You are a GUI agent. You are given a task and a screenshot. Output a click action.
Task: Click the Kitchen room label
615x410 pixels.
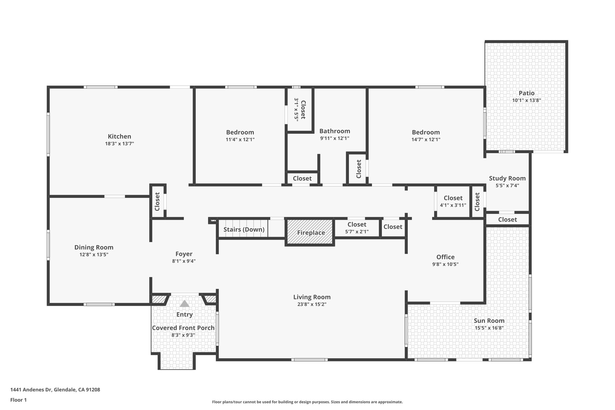120,136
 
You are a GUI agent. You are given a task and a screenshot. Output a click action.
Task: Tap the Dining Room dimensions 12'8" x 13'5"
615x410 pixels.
94,255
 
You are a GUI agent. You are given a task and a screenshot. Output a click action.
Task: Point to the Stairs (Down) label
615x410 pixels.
244,229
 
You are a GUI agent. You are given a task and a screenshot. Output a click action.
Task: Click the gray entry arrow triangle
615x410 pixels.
184,304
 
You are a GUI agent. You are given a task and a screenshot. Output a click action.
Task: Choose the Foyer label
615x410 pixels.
184,254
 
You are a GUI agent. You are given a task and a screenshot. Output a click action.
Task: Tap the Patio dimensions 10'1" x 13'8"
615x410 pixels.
526,100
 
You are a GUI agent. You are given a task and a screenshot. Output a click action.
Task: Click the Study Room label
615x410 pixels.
507,178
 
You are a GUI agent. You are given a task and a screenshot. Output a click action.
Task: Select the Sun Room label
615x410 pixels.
489,320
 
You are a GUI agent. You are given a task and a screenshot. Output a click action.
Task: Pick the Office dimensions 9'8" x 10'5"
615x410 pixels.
445,264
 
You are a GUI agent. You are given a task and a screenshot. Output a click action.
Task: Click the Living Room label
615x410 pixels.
312,297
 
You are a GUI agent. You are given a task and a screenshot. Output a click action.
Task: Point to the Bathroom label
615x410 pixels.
335,131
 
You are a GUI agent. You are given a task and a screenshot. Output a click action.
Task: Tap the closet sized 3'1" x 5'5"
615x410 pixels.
300,109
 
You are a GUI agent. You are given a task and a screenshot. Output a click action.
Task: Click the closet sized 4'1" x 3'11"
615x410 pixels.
453,201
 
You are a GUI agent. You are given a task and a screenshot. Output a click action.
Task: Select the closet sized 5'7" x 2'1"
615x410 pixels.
357,228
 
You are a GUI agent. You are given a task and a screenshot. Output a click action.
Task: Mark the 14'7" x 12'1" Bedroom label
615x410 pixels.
426,132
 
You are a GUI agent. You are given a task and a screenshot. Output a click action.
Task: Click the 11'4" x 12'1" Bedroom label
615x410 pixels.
240,132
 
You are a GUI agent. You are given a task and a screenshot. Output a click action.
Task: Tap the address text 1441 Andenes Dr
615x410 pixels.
31,390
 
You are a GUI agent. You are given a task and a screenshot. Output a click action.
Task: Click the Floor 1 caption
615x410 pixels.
18,400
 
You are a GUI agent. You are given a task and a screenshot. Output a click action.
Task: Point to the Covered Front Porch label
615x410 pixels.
183,328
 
